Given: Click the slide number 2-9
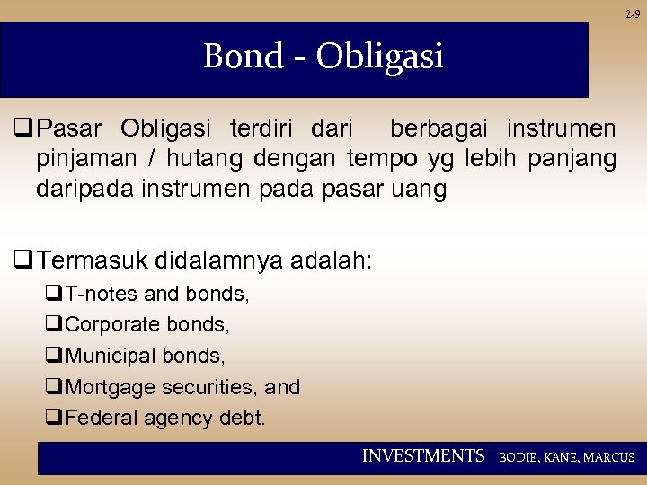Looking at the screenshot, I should click(633, 13).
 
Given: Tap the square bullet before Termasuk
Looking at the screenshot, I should click(22, 261).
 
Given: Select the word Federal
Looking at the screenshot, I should click(98, 418).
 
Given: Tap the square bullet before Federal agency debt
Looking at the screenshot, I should click(53, 418).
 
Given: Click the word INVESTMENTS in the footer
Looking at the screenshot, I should click(422, 456).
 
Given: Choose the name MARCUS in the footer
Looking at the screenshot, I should click(609, 457).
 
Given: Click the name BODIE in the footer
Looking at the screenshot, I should click(519, 457).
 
